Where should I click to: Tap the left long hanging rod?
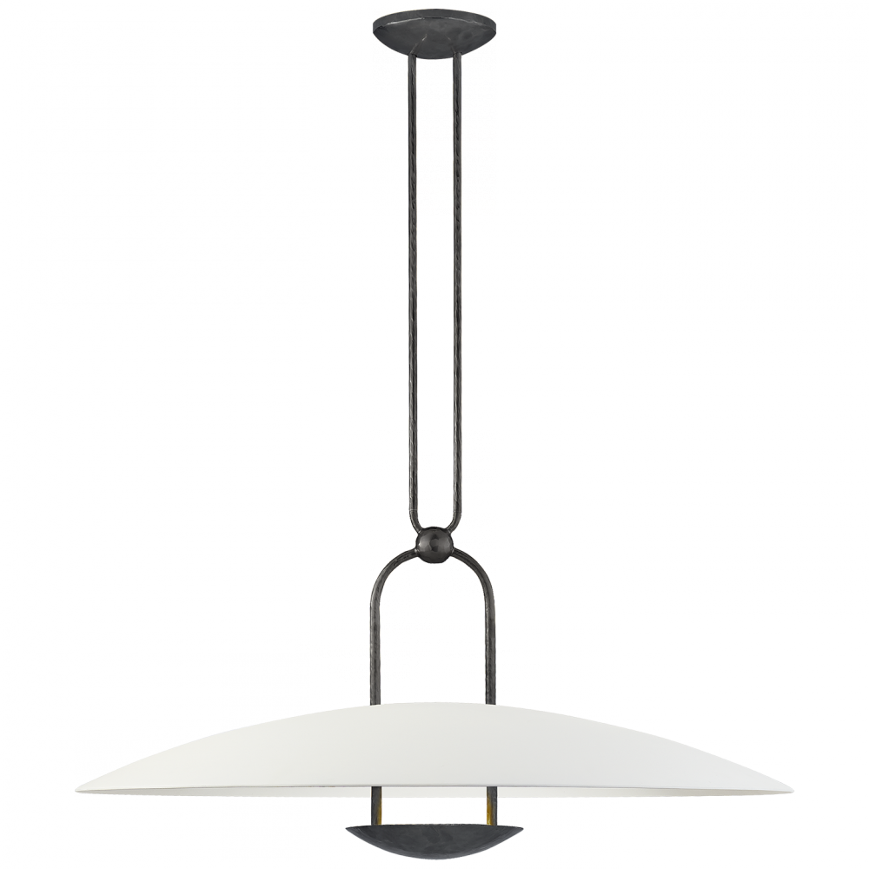(x=414, y=287)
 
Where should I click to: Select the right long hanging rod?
(x=457, y=287)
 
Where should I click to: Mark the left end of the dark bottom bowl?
(x=347, y=828)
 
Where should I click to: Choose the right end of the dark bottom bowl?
(x=523, y=828)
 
